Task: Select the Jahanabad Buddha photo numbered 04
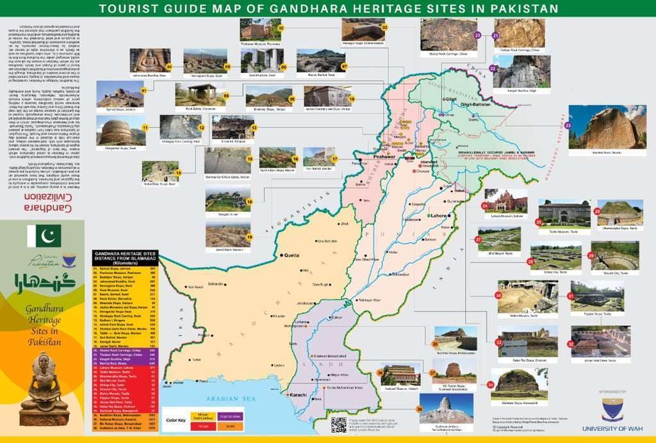150,60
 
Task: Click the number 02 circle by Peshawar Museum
281,28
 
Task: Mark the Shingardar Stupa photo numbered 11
116,131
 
